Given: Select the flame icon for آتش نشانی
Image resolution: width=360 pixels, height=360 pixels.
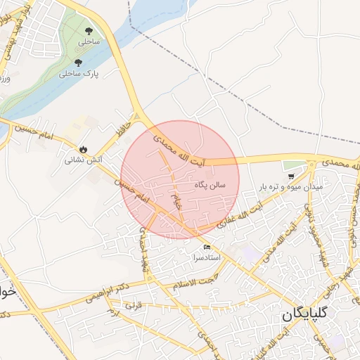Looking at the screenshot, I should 84,149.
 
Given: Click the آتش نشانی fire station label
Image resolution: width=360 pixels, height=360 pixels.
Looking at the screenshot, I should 84,160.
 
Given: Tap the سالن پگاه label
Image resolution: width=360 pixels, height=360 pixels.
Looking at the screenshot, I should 210,185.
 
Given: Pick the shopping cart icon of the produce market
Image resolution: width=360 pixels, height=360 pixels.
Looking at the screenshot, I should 290,176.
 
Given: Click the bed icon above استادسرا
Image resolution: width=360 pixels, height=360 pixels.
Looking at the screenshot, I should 207,247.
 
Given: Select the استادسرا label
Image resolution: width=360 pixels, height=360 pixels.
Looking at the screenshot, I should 207,258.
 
